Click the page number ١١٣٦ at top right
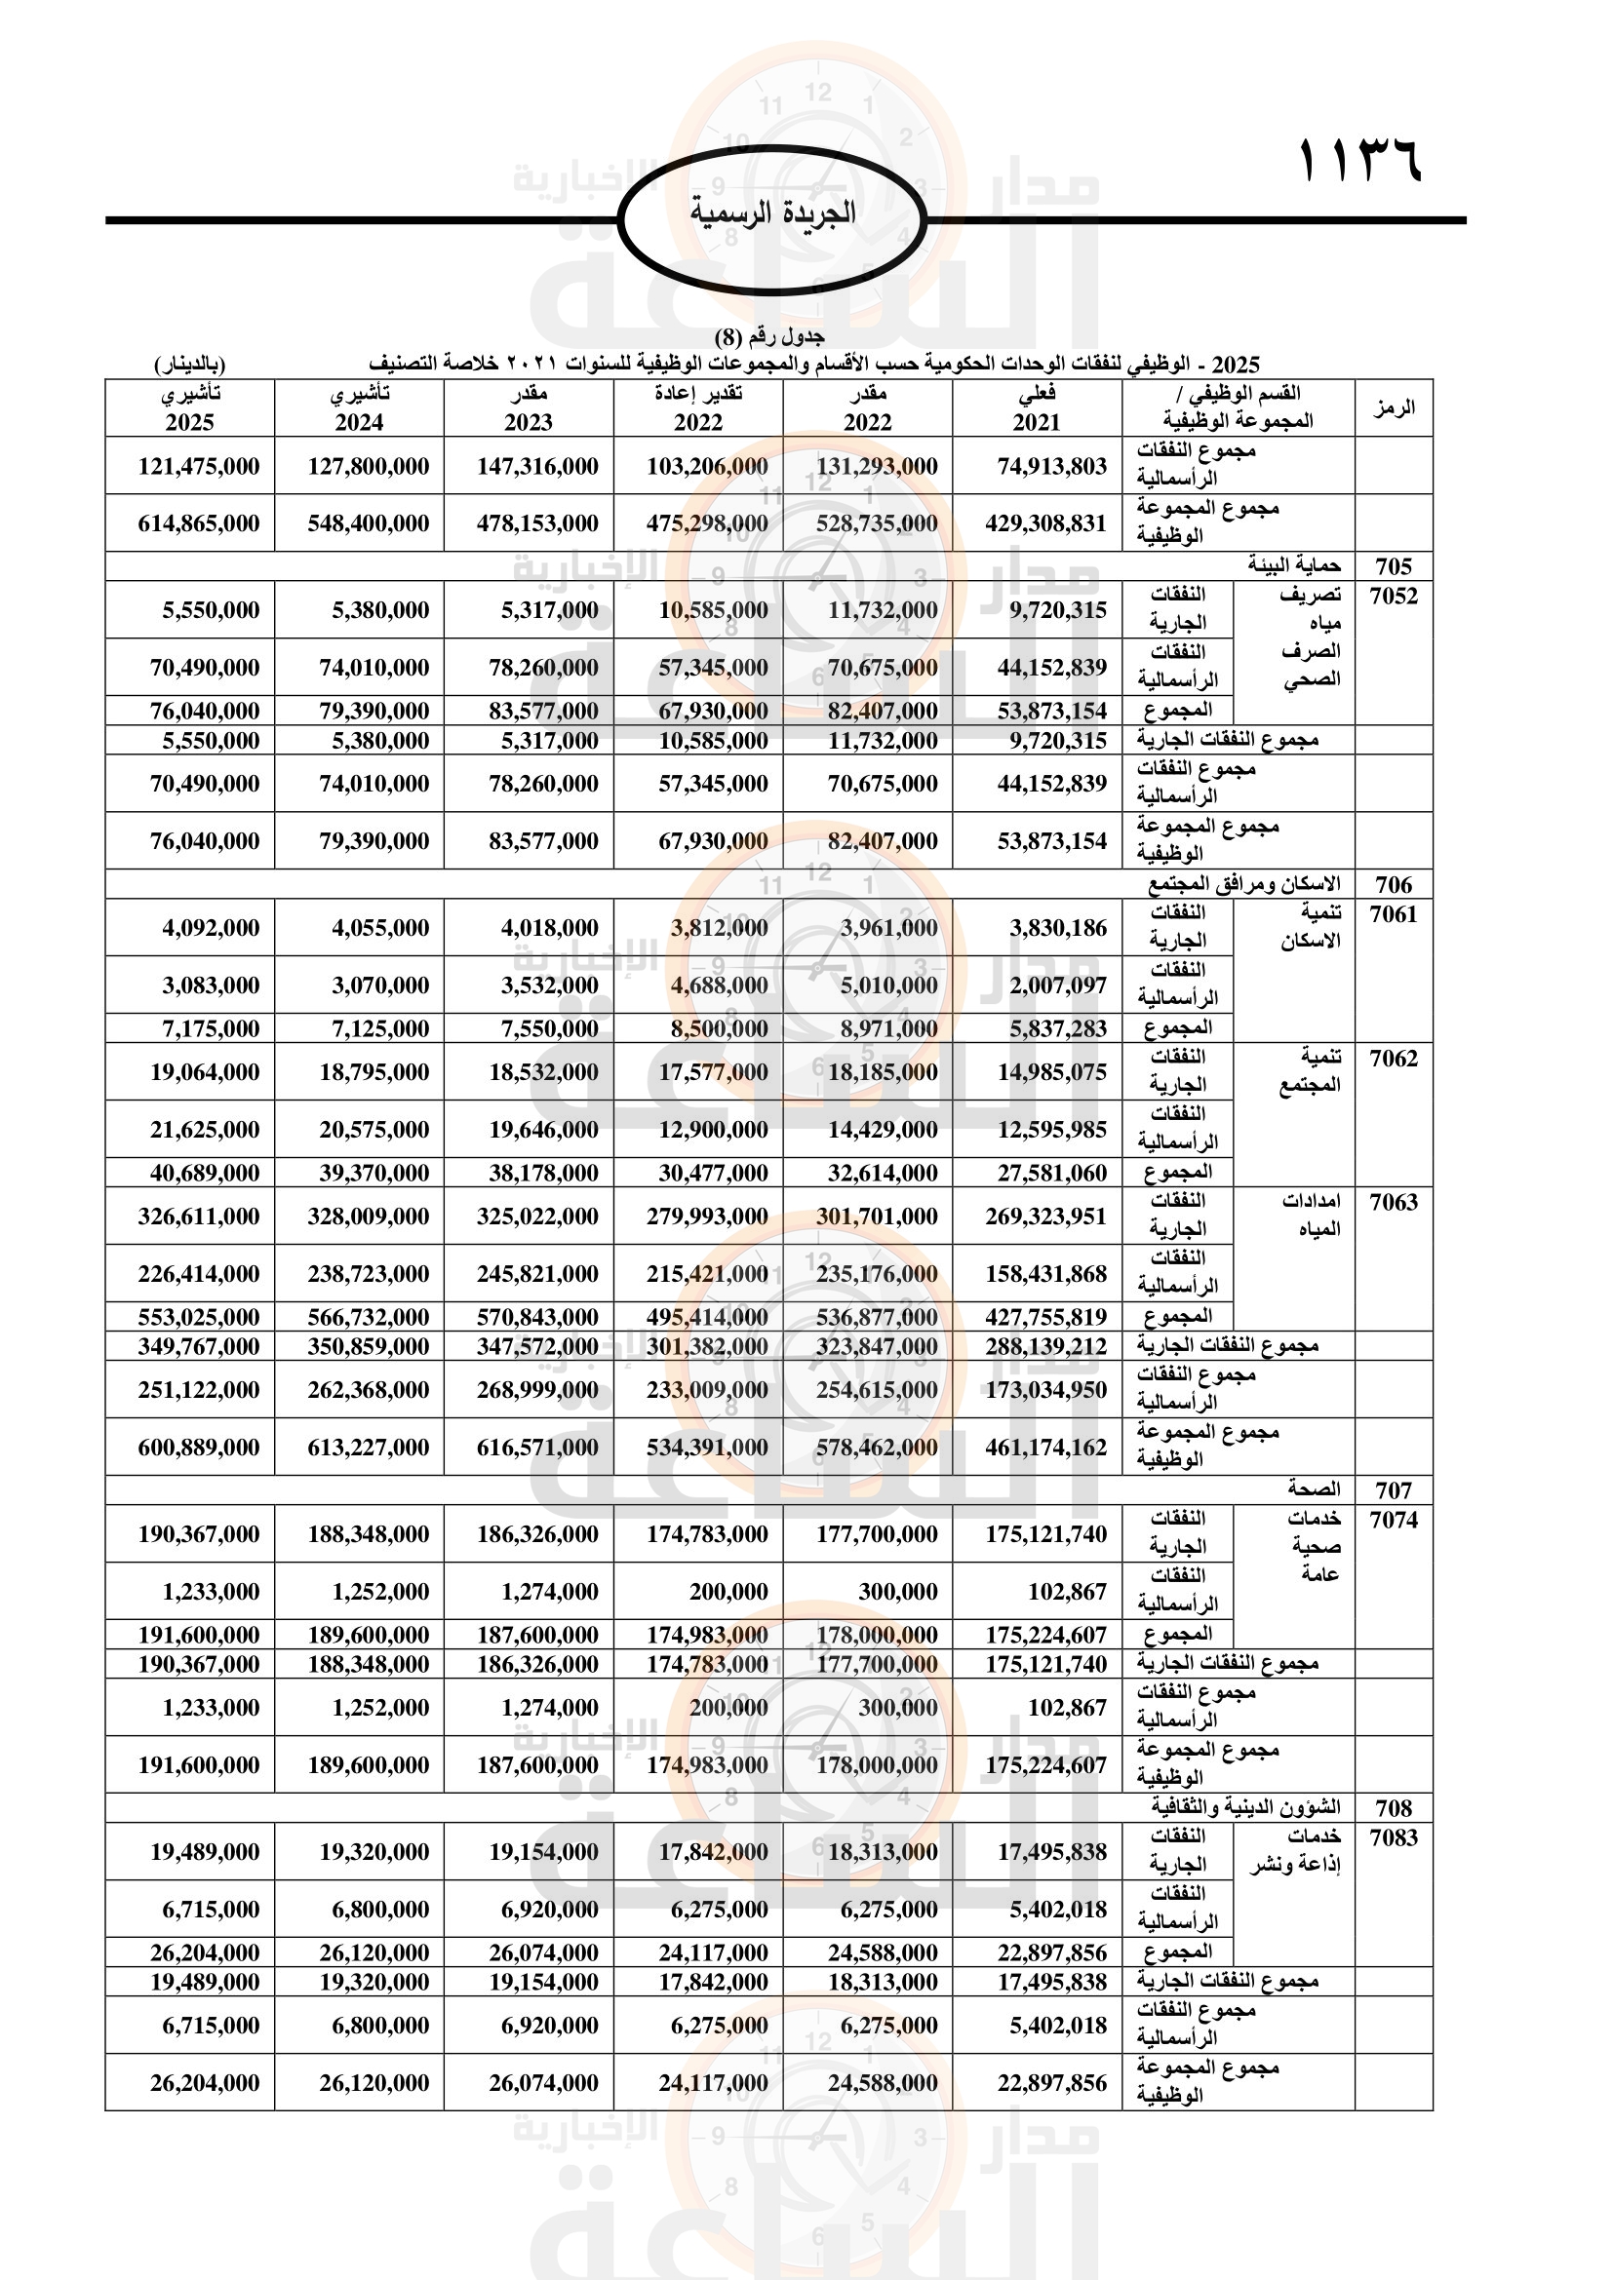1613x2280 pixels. coord(1360,162)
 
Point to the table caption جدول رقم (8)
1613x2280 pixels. coord(768,336)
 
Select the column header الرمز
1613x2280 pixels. coord(1393,408)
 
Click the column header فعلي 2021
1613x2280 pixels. coord(1036,408)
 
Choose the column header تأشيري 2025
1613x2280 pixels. coord(190,408)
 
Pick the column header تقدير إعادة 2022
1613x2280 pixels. coord(698,408)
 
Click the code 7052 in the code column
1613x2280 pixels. coord(1393,596)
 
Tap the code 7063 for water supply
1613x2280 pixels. coord(1393,1202)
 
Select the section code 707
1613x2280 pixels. coord(1393,1489)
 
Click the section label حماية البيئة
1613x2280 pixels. coord(1294,566)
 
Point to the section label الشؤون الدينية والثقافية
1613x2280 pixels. coord(1245,1807)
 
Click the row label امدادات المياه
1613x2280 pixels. coord(1311,1216)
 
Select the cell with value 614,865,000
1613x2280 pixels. coord(199,523)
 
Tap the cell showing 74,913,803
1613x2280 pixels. coord(1052,466)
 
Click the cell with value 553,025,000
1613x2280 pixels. coord(199,1317)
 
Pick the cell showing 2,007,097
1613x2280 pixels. coord(1058,985)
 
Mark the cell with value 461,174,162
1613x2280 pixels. coord(1044,1447)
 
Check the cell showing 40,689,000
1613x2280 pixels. coord(205,1173)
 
